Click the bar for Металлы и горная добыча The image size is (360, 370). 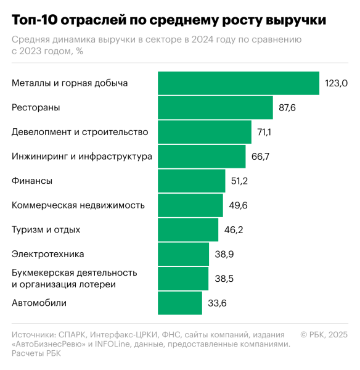click(239, 83)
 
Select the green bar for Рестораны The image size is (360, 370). click(215, 107)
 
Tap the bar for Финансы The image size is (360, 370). click(191, 181)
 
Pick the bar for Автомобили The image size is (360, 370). click(180, 303)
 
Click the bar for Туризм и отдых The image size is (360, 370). click(188, 229)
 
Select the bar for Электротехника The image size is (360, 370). click(184, 254)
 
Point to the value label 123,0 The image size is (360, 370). click(337, 83)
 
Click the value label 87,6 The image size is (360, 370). click(288, 107)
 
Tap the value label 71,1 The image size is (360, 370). click(266, 132)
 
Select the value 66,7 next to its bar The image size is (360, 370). click(260, 157)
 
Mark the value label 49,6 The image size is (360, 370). click(238, 205)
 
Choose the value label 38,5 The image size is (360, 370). click(224, 279)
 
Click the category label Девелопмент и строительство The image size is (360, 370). click(80, 132)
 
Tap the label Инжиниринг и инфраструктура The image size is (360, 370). click(82, 157)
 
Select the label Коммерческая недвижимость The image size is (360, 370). click(78, 205)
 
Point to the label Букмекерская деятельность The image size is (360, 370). click(75, 273)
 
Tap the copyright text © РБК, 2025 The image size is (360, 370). click(324, 334)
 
